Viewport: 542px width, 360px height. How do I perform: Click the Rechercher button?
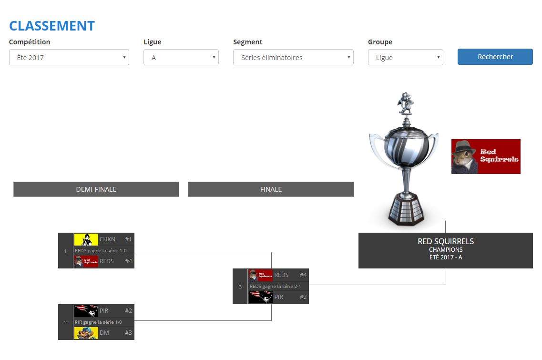(495, 57)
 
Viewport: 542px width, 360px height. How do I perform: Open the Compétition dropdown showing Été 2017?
(69, 57)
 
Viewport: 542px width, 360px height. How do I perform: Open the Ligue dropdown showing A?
(181, 57)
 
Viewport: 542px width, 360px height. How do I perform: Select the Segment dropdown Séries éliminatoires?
(293, 57)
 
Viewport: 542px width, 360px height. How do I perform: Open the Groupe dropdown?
(405, 57)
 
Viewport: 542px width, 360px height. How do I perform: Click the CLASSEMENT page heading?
(52, 26)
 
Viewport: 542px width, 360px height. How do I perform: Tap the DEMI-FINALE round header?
(96, 189)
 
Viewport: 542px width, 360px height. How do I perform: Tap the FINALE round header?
(271, 189)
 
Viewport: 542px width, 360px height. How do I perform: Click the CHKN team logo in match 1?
(86, 239)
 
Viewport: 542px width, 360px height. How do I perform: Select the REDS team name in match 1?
(107, 261)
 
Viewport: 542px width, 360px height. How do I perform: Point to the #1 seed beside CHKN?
(128, 239)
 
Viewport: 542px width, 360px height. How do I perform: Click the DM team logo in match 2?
(86, 333)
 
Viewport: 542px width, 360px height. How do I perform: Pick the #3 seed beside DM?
(128, 333)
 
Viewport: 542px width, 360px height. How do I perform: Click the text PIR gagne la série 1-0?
(98, 322)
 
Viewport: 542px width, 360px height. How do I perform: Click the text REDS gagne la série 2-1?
(275, 286)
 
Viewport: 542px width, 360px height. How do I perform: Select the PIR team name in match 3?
(279, 297)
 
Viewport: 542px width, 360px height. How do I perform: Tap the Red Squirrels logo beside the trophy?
(486, 156)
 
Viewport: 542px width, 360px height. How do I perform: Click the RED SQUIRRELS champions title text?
(445, 241)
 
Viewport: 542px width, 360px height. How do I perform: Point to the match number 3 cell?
(240, 287)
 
